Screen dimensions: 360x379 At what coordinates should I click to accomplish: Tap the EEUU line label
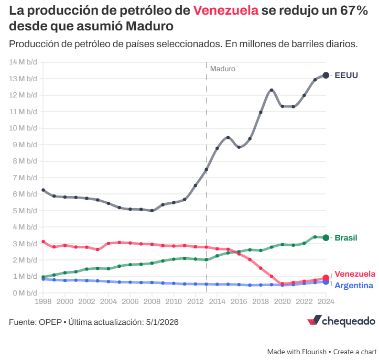tap(346, 75)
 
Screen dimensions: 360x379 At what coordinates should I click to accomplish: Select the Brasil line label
tap(346, 238)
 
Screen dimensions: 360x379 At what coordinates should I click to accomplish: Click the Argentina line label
tap(354, 286)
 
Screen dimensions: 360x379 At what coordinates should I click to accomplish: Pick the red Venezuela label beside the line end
tap(355, 274)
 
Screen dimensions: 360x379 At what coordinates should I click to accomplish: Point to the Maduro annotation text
tap(223, 69)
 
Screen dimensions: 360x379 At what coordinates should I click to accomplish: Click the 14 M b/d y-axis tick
tap(24, 62)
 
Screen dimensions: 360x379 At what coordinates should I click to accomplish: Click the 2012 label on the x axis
tap(196, 302)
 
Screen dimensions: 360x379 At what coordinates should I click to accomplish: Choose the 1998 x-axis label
tap(43, 302)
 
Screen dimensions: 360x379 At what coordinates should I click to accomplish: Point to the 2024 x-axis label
tap(326, 302)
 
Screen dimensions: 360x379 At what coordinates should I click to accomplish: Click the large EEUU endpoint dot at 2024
tap(326, 75)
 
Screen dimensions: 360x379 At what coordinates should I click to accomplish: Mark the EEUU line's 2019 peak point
tap(272, 90)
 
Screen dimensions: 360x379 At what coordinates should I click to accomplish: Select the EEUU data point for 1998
tap(43, 190)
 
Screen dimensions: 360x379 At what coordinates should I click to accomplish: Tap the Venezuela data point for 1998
tap(43, 242)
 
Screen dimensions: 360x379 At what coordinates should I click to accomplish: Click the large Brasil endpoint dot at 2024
tap(326, 238)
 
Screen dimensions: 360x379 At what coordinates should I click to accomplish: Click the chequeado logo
tap(341, 321)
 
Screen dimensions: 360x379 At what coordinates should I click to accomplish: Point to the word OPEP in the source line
tap(50, 322)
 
